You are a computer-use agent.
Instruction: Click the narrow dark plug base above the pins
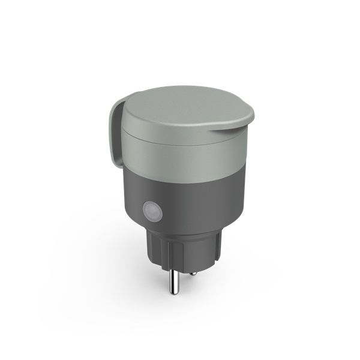pos(180,252)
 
